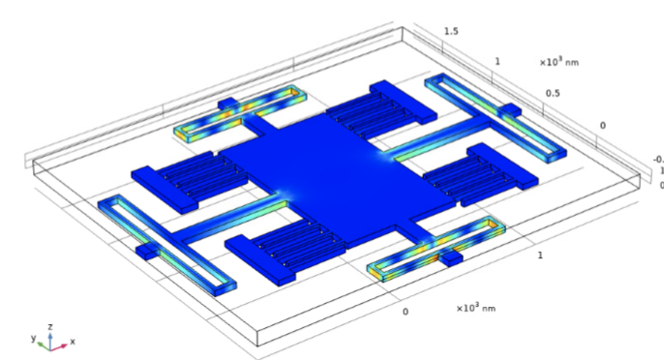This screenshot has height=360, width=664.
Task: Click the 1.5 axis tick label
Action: tap(451, 31)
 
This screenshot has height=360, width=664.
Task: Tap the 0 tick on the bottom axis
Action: tap(406, 312)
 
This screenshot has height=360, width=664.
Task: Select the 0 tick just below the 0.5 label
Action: tap(603, 125)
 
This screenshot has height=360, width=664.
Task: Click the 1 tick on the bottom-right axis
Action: tap(540, 254)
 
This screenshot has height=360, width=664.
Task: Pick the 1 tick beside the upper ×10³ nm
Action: tap(498, 62)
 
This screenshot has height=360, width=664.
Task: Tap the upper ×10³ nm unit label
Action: tap(558, 62)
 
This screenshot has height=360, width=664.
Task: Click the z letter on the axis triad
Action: tap(50, 326)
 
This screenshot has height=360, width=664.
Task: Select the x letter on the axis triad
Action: tap(73, 342)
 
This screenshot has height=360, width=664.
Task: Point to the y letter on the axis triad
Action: tap(32, 339)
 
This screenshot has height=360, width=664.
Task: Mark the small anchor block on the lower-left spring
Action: tap(146, 252)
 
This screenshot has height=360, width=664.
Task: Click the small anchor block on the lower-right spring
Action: tap(450, 258)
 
